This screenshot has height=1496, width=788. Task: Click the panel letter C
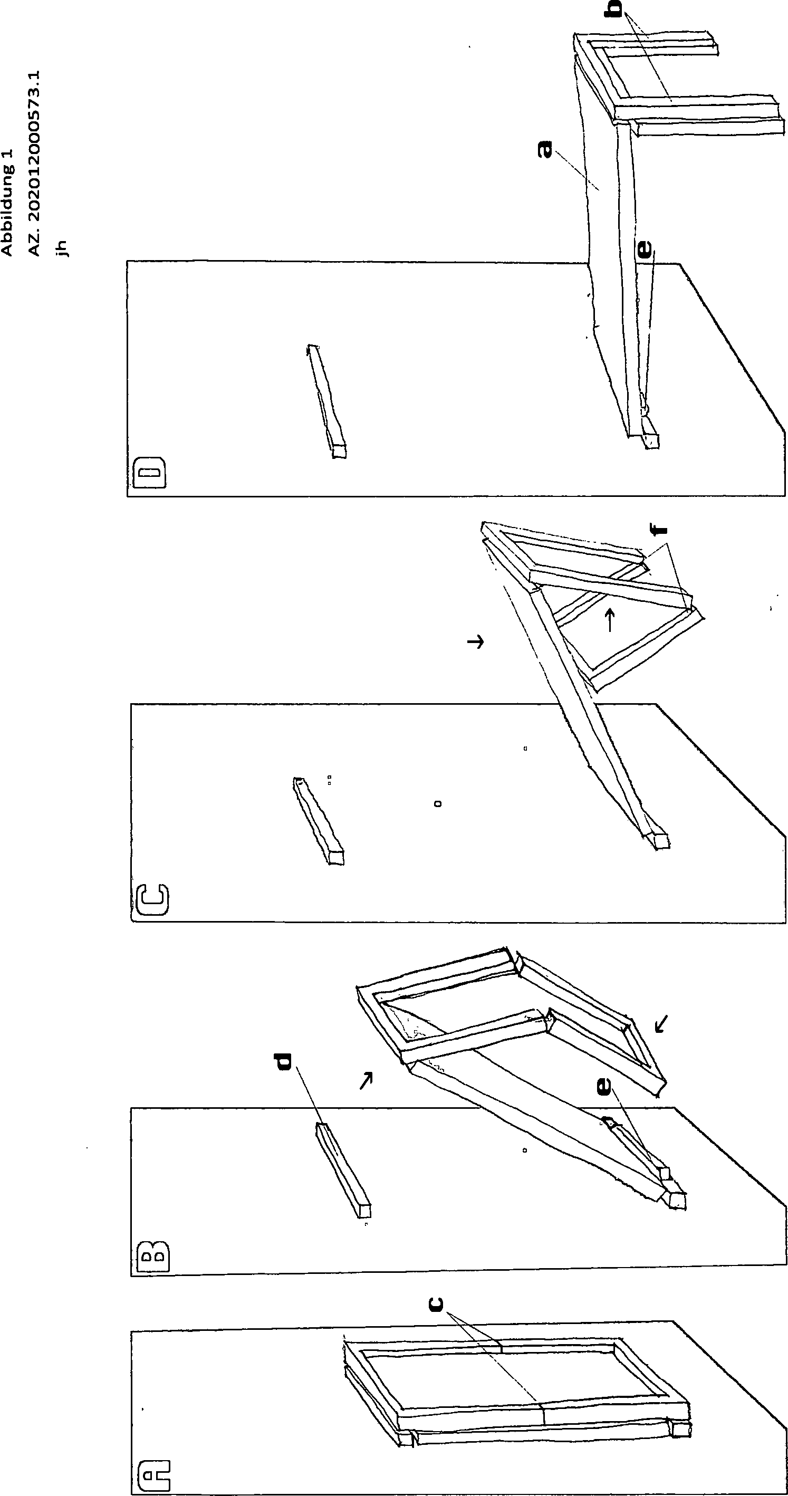pos(151,900)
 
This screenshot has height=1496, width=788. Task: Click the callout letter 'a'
pos(545,149)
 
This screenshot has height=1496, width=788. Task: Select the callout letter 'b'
pos(614,9)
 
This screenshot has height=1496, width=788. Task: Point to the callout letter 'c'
pos(436,1305)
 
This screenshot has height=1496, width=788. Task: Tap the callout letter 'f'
pos(658,530)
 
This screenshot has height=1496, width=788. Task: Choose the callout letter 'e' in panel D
pos(645,248)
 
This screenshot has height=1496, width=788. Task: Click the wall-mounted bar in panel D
pos(326,401)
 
